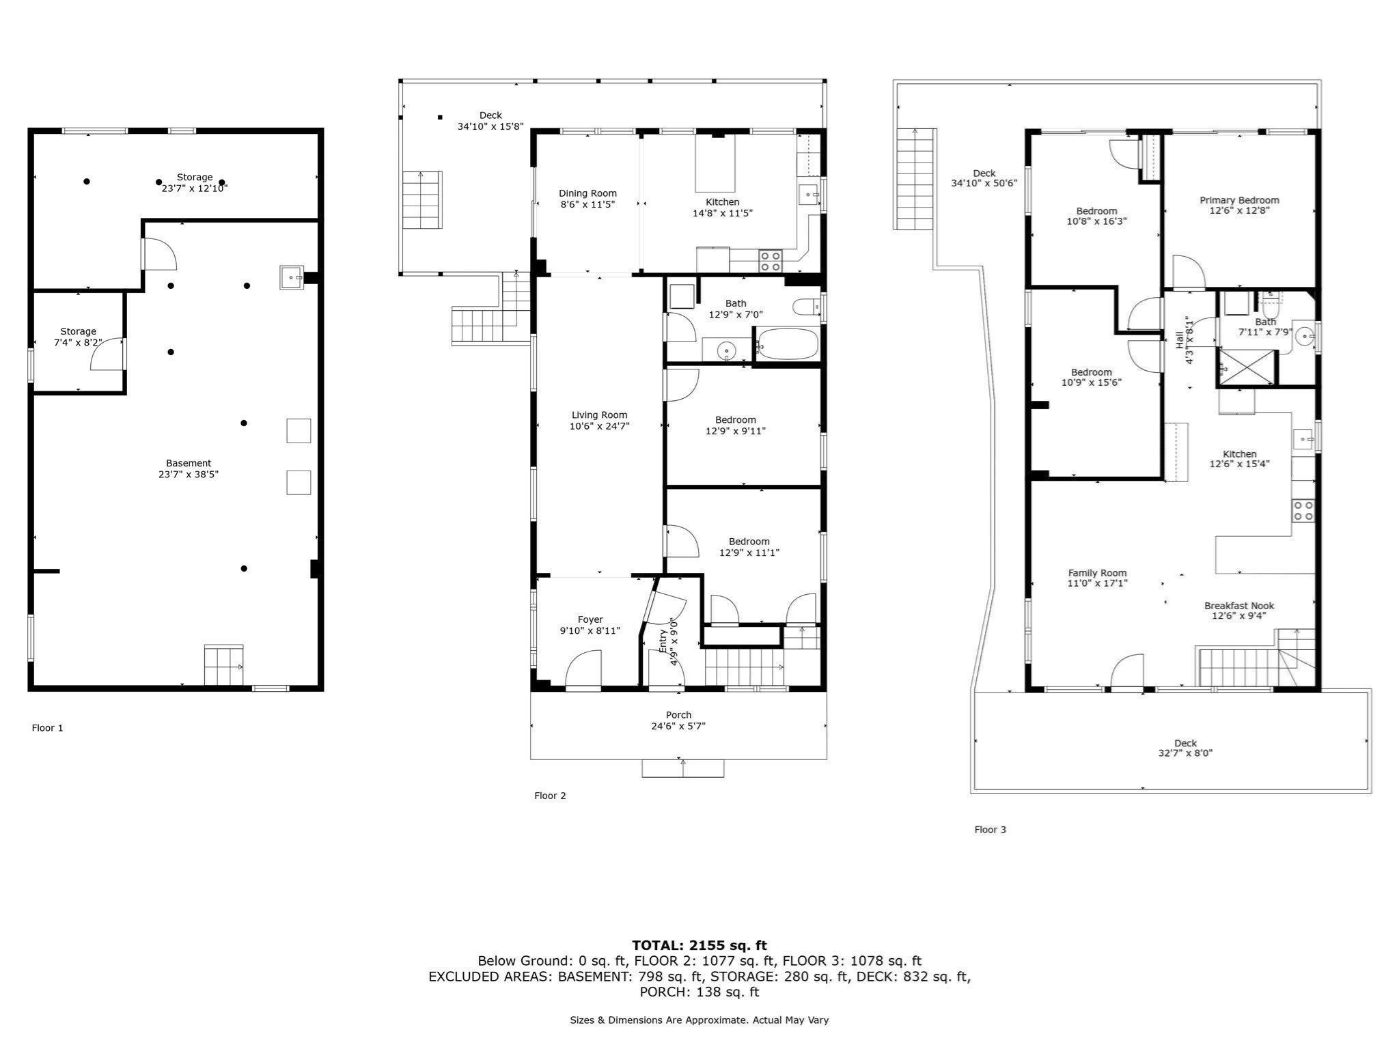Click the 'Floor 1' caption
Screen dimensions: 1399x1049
pos(47,728)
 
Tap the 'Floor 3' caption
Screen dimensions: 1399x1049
pos(990,830)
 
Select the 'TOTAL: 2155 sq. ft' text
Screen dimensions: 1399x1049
pos(699,945)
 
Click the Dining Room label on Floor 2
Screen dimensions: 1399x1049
pos(587,193)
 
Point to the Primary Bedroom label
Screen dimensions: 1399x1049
pos(1239,200)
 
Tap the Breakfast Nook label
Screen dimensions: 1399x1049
pos(1239,605)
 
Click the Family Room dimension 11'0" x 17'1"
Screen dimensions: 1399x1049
pos(1097,583)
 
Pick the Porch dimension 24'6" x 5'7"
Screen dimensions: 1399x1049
pos(678,726)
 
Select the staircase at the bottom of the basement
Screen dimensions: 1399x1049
pos(223,665)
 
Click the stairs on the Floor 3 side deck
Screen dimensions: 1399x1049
pos(913,179)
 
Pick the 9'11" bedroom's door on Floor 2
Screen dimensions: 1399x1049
pos(682,385)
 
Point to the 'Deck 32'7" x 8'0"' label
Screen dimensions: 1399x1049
pos(1185,748)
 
